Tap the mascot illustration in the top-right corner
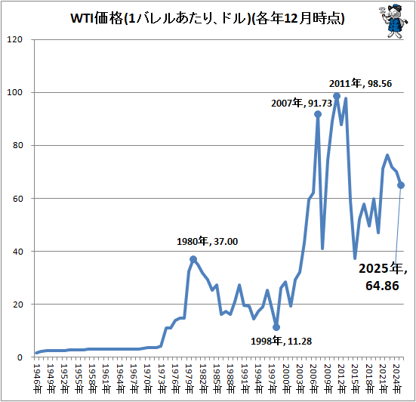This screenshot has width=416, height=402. (x=390, y=20)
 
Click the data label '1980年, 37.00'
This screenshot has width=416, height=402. (x=208, y=242)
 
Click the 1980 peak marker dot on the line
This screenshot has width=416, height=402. (x=193, y=259)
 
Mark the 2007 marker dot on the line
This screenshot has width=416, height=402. (x=318, y=114)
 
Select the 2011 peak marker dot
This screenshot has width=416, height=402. (x=337, y=96)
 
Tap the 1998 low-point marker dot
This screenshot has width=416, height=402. (x=276, y=327)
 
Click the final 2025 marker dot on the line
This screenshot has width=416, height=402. (x=401, y=185)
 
